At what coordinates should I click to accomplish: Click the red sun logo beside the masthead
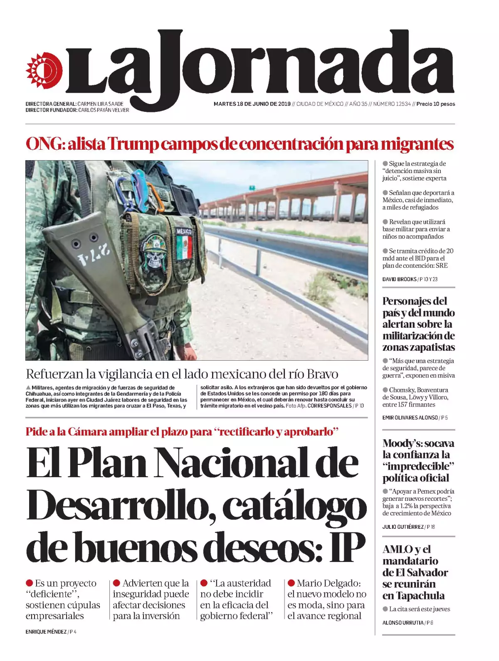pos(44,71)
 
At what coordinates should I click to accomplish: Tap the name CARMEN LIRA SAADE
pos(100,104)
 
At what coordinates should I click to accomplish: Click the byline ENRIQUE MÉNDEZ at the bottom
pos(46,631)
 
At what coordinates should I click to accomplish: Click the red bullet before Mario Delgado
pos(291,583)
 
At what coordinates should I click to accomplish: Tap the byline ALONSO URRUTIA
pos(403,623)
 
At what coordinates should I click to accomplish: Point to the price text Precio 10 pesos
pos(435,104)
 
